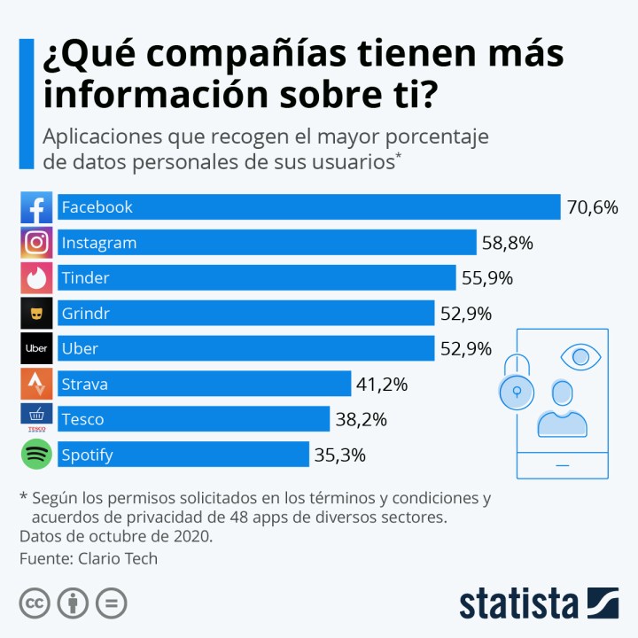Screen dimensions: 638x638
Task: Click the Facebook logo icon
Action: [x=36, y=207]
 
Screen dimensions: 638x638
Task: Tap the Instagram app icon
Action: [x=36, y=243]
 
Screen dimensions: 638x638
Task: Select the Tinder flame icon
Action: [x=36, y=278]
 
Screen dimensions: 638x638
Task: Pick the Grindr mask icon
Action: [x=36, y=314]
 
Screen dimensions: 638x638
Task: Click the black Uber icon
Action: [x=36, y=349]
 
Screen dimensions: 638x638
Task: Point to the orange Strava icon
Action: [x=36, y=385]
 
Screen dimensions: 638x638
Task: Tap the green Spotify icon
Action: [x=36, y=455]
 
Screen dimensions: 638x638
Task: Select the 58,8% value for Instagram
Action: [x=507, y=243]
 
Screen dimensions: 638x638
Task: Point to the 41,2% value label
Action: [x=382, y=385]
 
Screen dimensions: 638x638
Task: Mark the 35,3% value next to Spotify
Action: [x=339, y=455]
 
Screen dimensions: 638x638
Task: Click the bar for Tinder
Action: [x=257, y=278]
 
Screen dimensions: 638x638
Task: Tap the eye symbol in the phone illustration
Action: [x=580, y=357]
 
